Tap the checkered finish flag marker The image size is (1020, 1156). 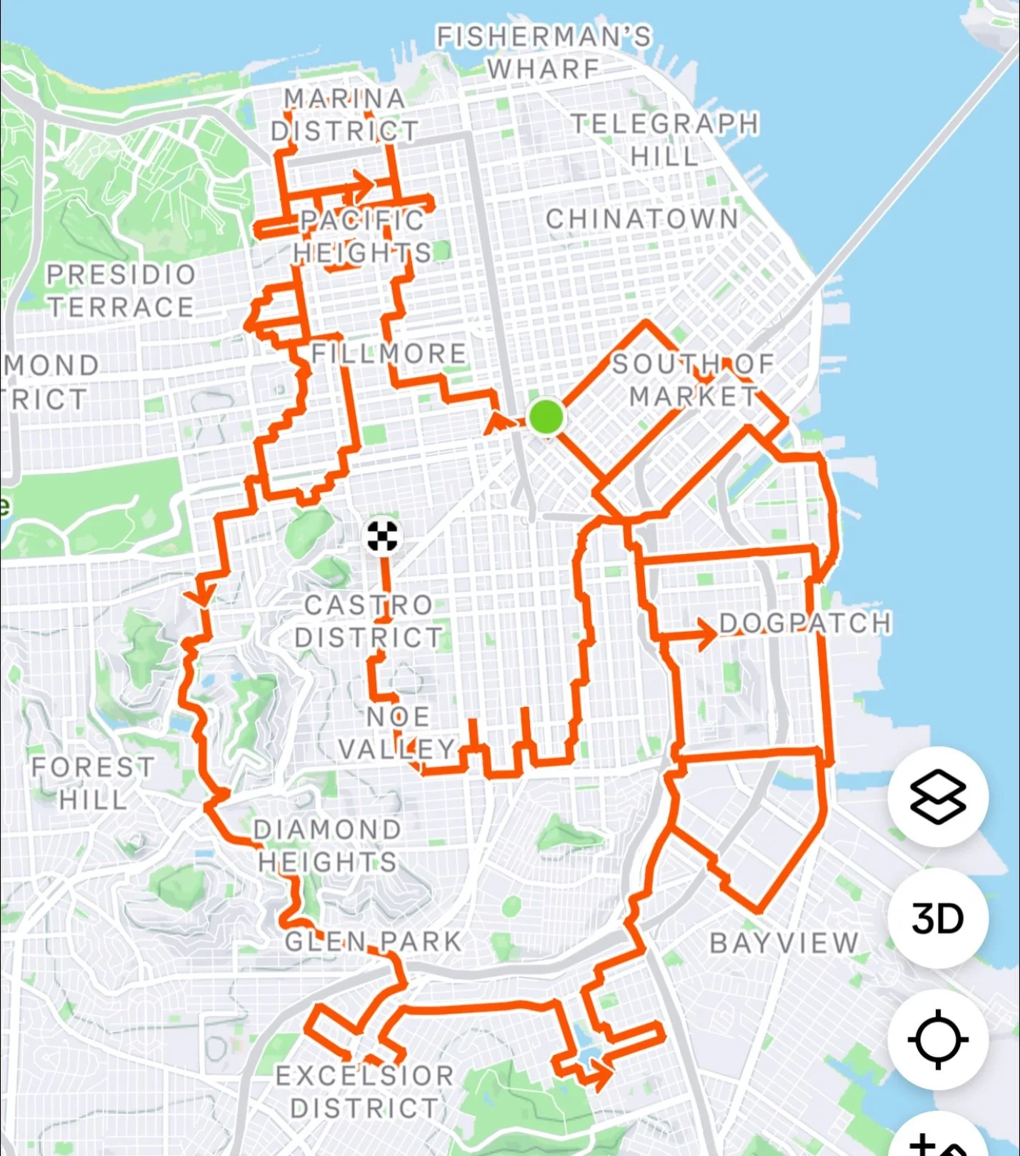point(382,536)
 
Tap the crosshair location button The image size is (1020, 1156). point(938,1039)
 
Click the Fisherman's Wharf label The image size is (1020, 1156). point(544,52)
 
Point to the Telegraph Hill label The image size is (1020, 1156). point(665,139)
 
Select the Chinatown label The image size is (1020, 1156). point(642,219)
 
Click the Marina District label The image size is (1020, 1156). point(345,114)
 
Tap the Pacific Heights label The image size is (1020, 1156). point(362,236)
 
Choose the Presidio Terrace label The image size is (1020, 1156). point(121,291)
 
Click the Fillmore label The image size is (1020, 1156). point(389,353)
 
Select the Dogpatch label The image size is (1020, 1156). point(805,623)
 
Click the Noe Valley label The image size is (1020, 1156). point(397,733)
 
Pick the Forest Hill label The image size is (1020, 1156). point(93,783)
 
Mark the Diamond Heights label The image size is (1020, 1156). point(328,845)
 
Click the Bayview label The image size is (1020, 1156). point(784,943)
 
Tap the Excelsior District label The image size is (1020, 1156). point(364,1092)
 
